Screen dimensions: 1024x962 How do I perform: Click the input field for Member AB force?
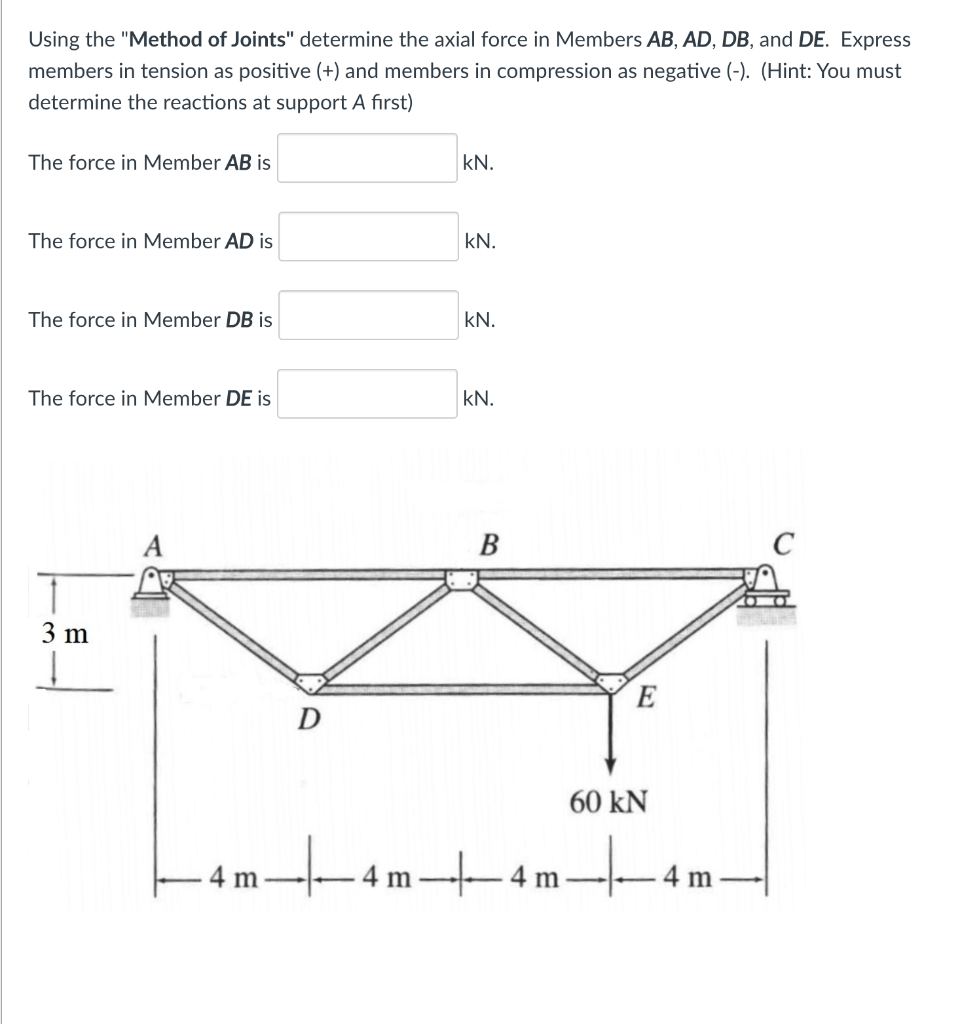tap(367, 159)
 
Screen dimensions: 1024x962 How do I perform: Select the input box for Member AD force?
tap(367, 237)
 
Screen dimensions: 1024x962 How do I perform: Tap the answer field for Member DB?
tap(367, 316)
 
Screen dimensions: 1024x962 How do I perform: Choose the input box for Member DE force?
tap(367, 395)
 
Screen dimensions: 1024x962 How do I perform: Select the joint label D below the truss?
tap(310, 718)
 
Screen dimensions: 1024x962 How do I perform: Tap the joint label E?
tap(646, 698)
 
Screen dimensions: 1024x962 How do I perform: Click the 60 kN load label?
tap(608, 801)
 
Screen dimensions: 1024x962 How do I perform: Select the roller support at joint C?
tap(764, 590)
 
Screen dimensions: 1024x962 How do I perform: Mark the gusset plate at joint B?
tap(461, 579)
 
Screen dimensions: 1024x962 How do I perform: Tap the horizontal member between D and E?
tap(460, 688)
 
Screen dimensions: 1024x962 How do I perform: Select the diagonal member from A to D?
tap(236, 631)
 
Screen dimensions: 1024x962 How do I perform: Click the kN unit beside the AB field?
tap(478, 162)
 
